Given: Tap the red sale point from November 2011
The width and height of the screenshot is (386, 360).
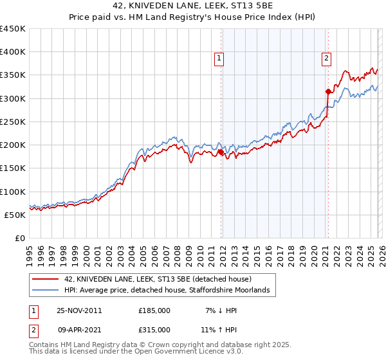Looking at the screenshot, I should click(x=221, y=152).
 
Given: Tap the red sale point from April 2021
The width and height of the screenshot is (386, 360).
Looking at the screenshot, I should click(x=327, y=92).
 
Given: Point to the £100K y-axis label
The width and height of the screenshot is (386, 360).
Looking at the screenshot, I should click(x=13, y=192).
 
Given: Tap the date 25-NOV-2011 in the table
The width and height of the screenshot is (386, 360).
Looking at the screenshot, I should click(x=79, y=310).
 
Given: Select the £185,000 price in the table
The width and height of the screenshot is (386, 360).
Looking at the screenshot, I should click(x=154, y=310).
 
